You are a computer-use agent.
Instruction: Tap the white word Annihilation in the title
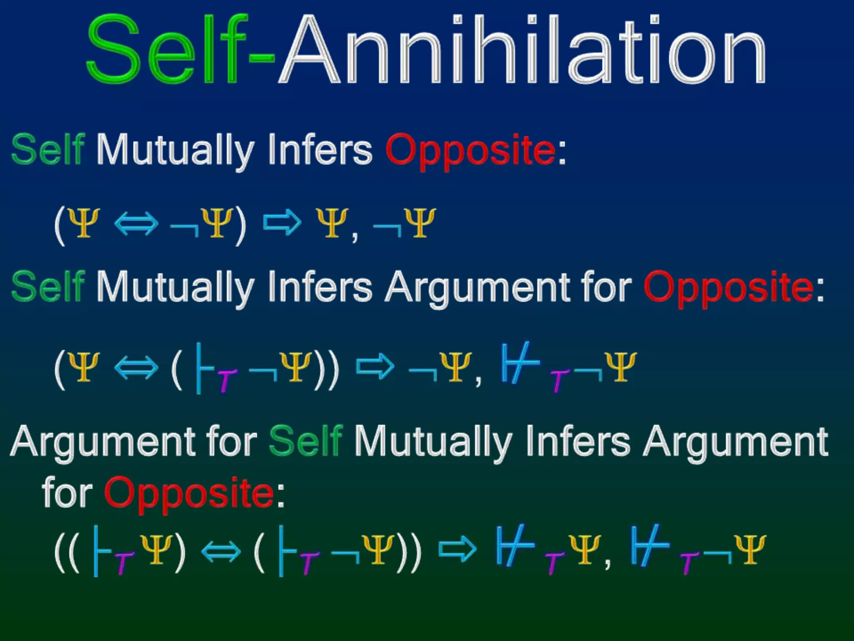(521, 50)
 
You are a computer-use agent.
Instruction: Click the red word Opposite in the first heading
(470, 150)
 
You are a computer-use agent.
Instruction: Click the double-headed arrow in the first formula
(136, 224)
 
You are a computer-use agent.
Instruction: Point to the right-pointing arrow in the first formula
(282, 223)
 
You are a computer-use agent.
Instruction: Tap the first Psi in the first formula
(84, 223)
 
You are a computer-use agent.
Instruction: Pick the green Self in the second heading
(48, 287)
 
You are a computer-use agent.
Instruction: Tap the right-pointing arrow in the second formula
(375, 367)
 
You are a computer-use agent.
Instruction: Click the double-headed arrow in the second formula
(136, 368)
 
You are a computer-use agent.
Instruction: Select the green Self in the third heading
(306, 442)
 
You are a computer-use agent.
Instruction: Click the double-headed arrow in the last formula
(221, 551)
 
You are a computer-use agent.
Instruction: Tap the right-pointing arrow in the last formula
(457, 550)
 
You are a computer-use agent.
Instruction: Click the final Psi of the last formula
(750, 550)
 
